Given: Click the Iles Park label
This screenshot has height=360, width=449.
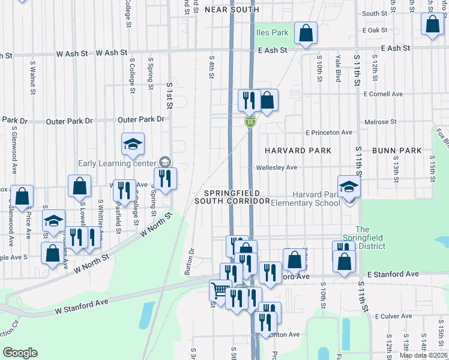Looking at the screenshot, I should pyautogui.click(x=273, y=32).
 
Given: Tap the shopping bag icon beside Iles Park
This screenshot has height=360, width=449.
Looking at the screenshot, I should pyautogui.click(x=306, y=34).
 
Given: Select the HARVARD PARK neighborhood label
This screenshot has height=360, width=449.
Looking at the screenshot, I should pyautogui.click(x=296, y=150).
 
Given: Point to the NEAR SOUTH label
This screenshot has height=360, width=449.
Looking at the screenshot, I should pyautogui.click(x=232, y=10).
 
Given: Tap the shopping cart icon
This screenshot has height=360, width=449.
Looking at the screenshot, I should pyautogui.click(x=220, y=291).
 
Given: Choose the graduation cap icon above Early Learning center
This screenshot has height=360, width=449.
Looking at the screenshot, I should pyautogui.click(x=133, y=144).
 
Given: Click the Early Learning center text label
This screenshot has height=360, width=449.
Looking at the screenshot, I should pyautogui.click(x=116, y=163).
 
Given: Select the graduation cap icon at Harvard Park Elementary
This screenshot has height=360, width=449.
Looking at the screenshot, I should pyautogui.click(x=348, y=187).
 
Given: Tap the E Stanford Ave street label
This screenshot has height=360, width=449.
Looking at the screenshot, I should pyautogui.click(x=393, y=274).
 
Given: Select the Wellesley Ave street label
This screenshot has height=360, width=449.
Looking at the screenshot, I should pyautogui.click(x=277, y=167).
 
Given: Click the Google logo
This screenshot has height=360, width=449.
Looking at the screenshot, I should pyautogui.click(x=20, y=353).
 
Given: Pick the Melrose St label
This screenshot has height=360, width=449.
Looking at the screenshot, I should pyautogui.click(x=381, y=122).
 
